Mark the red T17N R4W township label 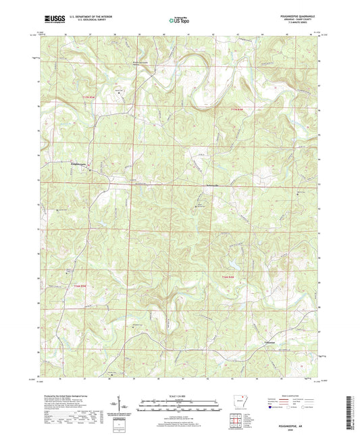[234, 110]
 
